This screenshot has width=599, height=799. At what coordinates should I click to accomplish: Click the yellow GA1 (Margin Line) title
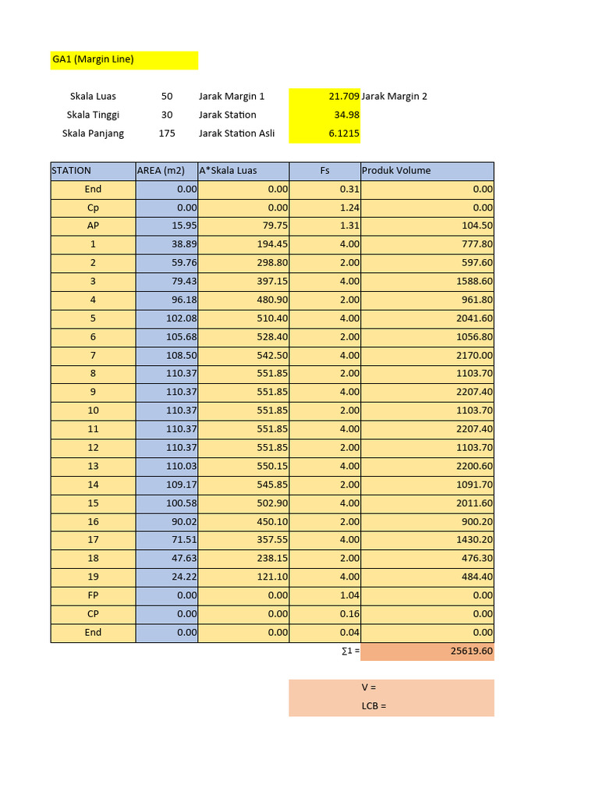tap(93, 59)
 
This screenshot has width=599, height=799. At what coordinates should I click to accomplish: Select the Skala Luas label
tap(93, 96)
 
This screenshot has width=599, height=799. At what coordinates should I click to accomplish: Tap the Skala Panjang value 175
tap(167, 133)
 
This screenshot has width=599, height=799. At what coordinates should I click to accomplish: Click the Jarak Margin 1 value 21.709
tap(343, 96)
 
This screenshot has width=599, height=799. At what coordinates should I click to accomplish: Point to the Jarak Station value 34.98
tap(345, 115)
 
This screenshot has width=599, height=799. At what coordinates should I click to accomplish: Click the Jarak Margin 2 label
tap(395, 96)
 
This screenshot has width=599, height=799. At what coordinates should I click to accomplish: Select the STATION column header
tap(72, 171)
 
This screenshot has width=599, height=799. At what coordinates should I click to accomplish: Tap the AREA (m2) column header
tap(161, 171)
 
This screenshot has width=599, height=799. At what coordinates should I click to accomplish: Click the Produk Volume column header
tap(396, 171)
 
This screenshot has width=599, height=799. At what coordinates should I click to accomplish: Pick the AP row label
tap(93, 225)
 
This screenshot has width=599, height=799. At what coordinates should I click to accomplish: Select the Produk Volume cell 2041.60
tap(474, 318)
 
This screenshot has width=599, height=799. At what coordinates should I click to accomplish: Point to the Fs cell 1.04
tap(349, 595)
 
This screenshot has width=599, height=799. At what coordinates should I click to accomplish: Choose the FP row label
tap(93, 595)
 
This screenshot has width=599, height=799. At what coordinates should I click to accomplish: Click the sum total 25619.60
tap(469, 652)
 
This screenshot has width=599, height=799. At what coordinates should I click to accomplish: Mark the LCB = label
tap(374, 706)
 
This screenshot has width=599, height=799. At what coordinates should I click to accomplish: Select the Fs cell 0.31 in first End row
tap(349, 189)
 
